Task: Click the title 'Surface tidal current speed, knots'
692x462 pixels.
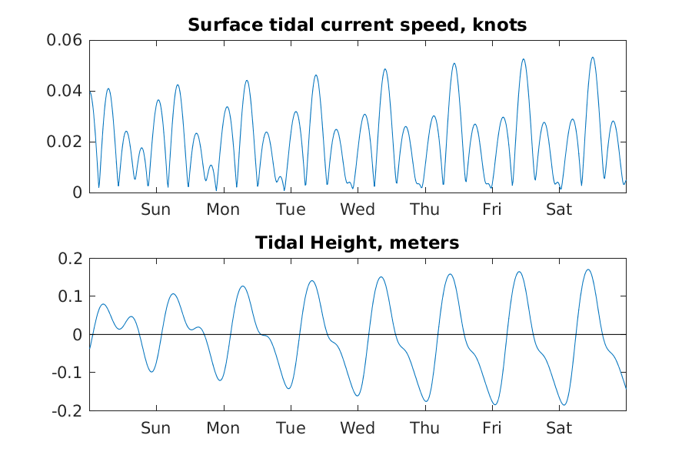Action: (x=358, y=25)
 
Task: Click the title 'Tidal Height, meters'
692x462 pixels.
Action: (x=358, y=243)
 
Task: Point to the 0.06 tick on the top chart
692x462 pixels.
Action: (x=65, y=40)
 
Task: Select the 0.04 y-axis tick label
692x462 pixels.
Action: (x=65, y=91)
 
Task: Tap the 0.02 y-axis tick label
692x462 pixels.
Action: (x=65, y=142)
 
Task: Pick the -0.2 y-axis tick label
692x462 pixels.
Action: (x=68, y=410)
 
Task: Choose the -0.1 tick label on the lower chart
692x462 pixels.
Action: (x=68, y=373)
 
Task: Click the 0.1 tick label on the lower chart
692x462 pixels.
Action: (x=71, y=296)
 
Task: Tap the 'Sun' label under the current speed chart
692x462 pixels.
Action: (x=155, y=209)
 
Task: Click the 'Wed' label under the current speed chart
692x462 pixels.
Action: (x=358, y=209)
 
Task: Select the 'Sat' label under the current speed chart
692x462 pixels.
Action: (x=559, y=209)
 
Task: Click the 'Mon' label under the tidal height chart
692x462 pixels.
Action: (x=223, y=428)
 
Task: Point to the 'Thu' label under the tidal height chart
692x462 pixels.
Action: (x=425, y=428)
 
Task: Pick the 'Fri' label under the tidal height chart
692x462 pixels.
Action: (x=492, y=428)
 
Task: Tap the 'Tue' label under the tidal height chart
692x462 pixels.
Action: (x=290, y=428)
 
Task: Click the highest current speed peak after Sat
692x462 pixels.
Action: (x=592, y=57)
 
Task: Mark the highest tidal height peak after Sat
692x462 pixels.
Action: (x=588, y=269)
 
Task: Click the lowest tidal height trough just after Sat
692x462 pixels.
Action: (x=564, y=405)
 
